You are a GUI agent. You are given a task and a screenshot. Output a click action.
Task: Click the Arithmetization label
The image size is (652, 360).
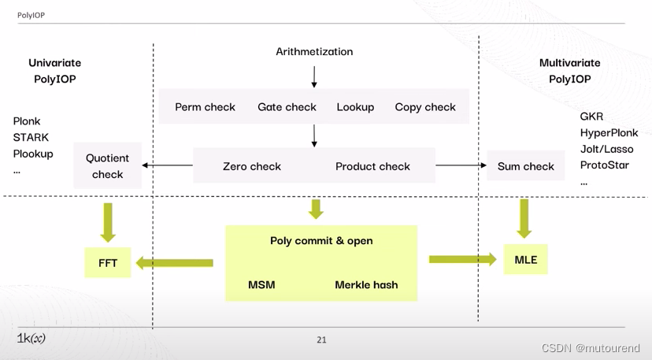314,52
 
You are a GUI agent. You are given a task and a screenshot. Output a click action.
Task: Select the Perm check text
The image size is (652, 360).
205,107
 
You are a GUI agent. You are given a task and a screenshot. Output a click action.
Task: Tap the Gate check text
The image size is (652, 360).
287,107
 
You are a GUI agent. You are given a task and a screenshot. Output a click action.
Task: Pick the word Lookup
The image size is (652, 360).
355,107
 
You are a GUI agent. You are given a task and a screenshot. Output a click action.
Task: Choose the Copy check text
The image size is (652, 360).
425,107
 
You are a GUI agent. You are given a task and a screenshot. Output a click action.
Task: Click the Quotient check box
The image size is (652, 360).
108,166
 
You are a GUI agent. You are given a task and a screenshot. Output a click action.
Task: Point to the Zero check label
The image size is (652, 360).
252,166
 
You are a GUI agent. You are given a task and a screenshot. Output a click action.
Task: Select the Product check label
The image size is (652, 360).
372,166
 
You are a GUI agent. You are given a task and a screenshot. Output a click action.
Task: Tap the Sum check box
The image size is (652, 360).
526,166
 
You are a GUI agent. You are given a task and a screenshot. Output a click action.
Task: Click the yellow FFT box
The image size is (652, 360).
108,263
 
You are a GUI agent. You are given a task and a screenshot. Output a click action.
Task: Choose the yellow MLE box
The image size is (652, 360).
525,259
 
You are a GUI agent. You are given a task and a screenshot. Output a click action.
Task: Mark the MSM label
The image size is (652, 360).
261,284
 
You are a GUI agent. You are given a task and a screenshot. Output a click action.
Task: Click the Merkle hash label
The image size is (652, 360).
366,284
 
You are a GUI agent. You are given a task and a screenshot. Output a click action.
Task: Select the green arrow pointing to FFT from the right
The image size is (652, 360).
174,262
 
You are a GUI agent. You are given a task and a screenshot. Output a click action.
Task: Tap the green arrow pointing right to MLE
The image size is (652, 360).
463,258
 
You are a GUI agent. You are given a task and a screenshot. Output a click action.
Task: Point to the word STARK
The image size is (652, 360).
31,138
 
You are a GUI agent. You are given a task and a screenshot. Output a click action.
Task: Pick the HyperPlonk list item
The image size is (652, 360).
609,133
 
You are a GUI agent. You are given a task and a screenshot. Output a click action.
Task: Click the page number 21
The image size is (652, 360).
321,340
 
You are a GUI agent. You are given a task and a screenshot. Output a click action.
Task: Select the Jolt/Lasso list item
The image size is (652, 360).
606,149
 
